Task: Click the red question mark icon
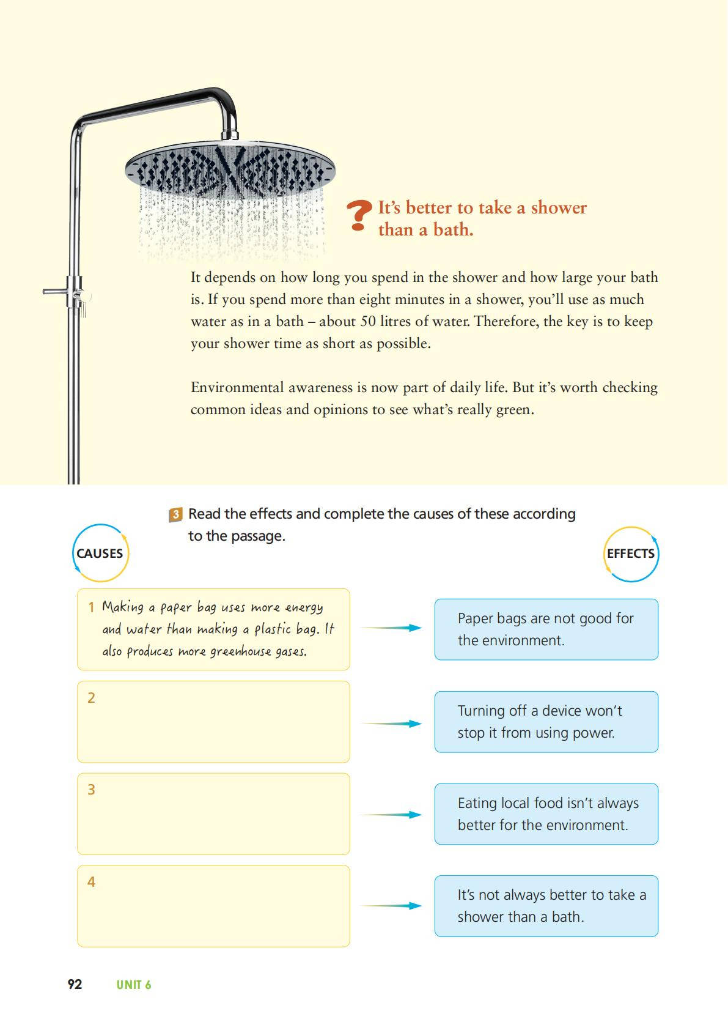coord(359,216)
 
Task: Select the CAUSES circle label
coord(100,553)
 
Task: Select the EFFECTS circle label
coord(631,554)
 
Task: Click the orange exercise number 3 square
coord(175,514)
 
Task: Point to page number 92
coord(75,984)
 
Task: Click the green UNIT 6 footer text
coord(134,985)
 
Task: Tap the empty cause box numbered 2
coord(213,722)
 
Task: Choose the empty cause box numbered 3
coord(213,813)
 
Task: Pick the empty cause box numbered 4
coord(213,906)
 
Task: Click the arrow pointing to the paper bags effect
coord(391,628)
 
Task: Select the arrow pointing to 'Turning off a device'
coord(391,724)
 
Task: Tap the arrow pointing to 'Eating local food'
coord(391,815)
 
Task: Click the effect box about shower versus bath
coord(546,906)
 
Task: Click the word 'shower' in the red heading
coord(558,208)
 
